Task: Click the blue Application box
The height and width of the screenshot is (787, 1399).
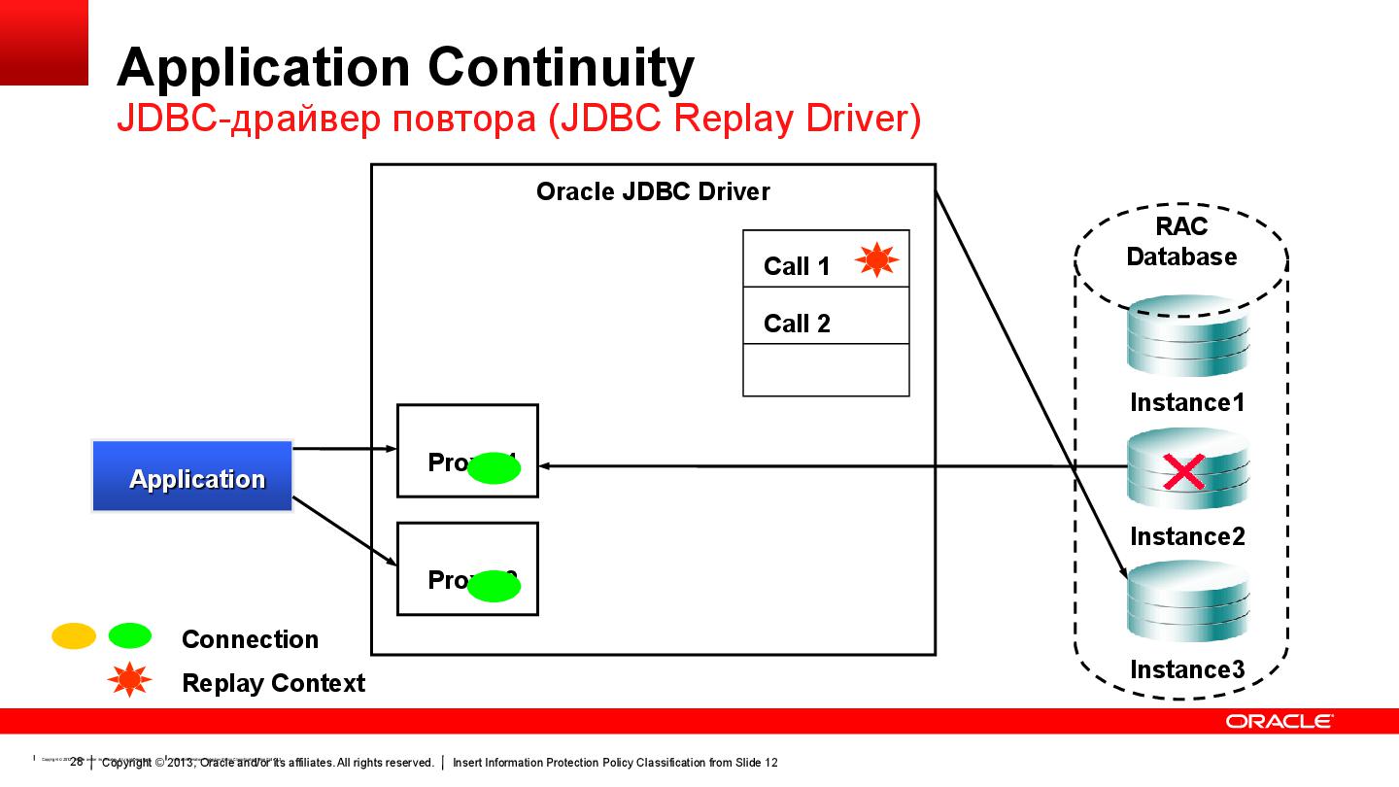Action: tap(192, 476)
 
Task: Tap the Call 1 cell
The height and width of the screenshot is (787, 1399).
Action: tap(797, 265)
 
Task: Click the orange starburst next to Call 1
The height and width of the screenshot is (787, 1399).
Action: tap(876, 259)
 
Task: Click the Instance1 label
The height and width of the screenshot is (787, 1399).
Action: tap(1186, 402)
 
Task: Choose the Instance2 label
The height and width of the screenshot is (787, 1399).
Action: tap(1186, 536)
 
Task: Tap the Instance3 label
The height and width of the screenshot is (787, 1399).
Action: tap(1186, 669)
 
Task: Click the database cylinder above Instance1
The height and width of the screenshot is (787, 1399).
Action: tap(1186, 336)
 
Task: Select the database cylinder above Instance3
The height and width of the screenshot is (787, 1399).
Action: tap(1186, 602)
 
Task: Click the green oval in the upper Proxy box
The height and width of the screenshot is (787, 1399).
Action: tap(495, 468)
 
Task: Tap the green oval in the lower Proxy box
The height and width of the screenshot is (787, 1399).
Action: tap(495, 586)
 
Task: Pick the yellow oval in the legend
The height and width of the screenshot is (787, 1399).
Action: tap(73, 636)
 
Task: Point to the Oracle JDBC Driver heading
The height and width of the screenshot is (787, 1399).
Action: tap(653, 191)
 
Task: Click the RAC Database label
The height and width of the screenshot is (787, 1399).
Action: tap(1181, 242)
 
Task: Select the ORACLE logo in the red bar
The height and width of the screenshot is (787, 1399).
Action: tap(1279, 721)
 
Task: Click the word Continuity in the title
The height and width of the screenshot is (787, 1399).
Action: tap(561, 68)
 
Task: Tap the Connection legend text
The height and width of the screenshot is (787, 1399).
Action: tap(250, 639)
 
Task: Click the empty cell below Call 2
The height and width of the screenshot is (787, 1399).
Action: tap(825, 370)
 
